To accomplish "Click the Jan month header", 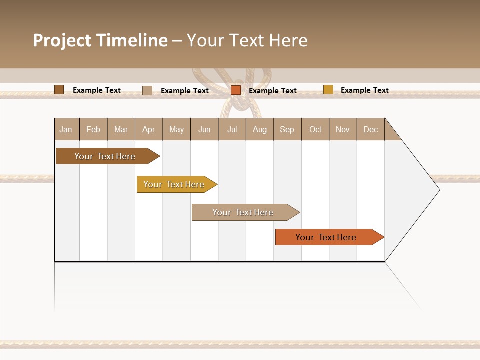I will coord(66,129).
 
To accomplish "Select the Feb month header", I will coord(93,129).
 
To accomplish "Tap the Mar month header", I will coord(121,129).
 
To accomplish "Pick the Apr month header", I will coord(149,129).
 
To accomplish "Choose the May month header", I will coord(176,129).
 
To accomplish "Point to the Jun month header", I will coord(204,129).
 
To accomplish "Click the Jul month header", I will coord(232,129).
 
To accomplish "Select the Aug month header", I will coord(260,129).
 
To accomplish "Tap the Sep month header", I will coord(287,129).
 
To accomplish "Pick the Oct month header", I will coord(315,129).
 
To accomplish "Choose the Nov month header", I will coord(343,129).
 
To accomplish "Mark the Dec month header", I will coord(371,129).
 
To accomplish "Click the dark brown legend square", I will coord(59,90).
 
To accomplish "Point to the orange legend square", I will coord(236,90).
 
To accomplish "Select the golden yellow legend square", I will coord(328,90).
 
